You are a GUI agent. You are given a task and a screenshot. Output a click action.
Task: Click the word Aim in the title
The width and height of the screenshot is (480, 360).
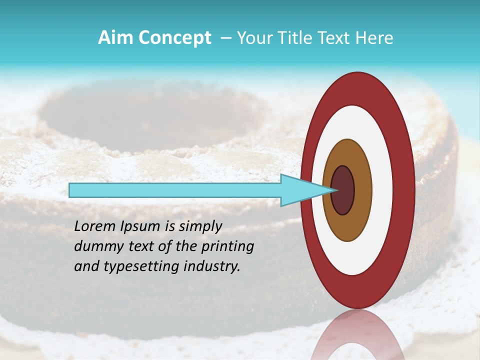115,38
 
